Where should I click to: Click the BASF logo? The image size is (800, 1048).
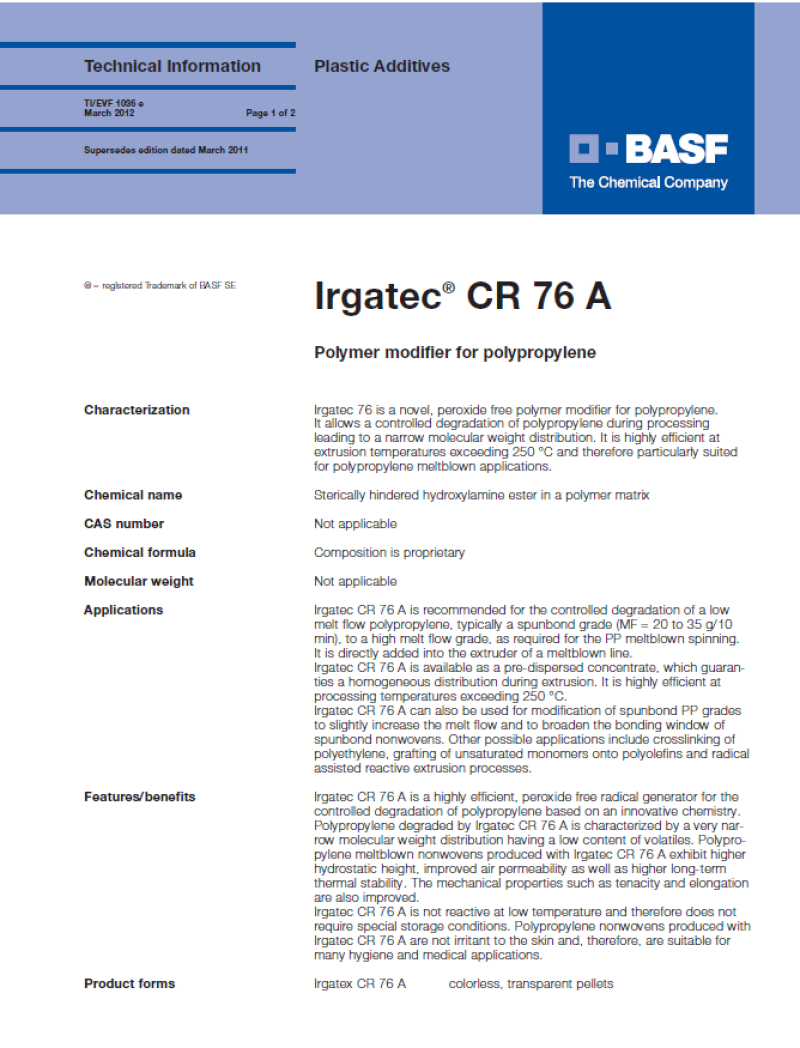(x=648, y=150)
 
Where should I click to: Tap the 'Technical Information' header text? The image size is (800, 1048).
(x=172, y=67)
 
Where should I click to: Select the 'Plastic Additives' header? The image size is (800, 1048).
(x=382, y=67)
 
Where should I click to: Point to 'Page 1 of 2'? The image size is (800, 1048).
(x=270, y=113)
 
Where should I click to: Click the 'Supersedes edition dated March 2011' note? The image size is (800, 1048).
(x=166, y=150)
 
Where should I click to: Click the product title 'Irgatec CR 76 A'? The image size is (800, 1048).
(x=463, y=297)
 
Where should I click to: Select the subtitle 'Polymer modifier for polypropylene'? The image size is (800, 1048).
(x=455, y=352)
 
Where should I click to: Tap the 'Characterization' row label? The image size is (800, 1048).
(x=136, y=410)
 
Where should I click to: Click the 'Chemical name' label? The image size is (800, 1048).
(x=133, y=495)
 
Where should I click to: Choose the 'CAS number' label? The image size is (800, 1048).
(x=124, y=524)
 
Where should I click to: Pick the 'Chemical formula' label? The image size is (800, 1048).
(x=140, y=553)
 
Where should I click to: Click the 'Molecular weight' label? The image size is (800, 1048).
(x=139, y=582)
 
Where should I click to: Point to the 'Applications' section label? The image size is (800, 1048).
(x=123, y=611)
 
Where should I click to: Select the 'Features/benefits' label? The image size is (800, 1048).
(x=140, y=797)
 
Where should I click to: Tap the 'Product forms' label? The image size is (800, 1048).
(x=129, y=984)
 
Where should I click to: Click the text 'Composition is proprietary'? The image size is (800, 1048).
(x=389, y=553)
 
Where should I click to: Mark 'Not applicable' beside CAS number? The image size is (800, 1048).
(x=355, y=524)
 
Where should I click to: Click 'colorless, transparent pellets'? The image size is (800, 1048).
(x=530, y=984)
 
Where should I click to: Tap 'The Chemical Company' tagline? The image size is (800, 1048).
(x=648, y=183)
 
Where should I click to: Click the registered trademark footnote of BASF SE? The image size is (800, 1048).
(x=160, y=286)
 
